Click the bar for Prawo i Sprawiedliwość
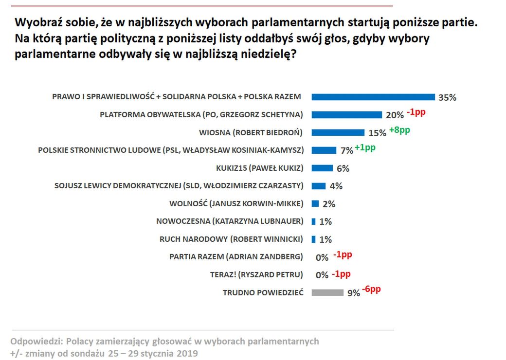[373, 97]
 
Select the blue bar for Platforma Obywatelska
[346, 115]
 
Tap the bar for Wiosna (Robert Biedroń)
[338, 132]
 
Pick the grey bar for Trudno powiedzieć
[327, 292]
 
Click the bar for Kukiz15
[322, 168]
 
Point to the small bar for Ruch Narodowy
[314, 239]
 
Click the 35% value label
[447, 97]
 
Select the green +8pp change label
[399, 130]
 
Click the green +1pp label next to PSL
[365, 148]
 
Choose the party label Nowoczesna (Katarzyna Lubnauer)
[230, 221]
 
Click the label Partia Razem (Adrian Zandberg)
[236, 256]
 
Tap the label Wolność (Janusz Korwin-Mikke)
[236, 203]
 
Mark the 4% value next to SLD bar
[336, 186]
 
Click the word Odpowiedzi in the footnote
[35, 341]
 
